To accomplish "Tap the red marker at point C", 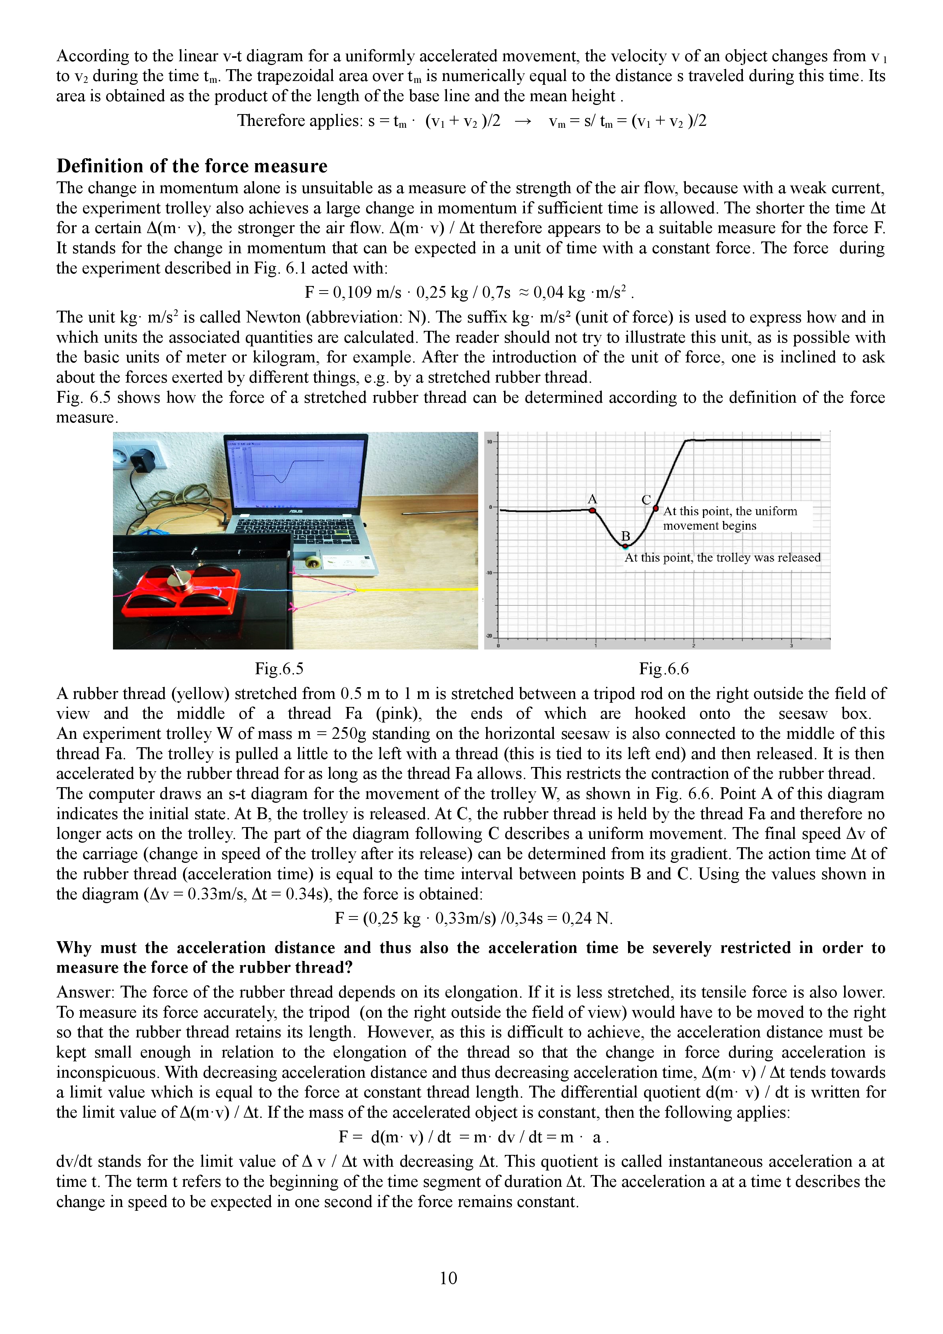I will (x=656, y=509).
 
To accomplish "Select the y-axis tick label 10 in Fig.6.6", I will (x=489, y=441).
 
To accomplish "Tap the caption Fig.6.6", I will (x=663, y=669).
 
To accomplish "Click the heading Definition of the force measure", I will (x=192, y=166).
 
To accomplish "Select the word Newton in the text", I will (x=272, y=317).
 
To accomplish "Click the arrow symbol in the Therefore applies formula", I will (x=523, y=121).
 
